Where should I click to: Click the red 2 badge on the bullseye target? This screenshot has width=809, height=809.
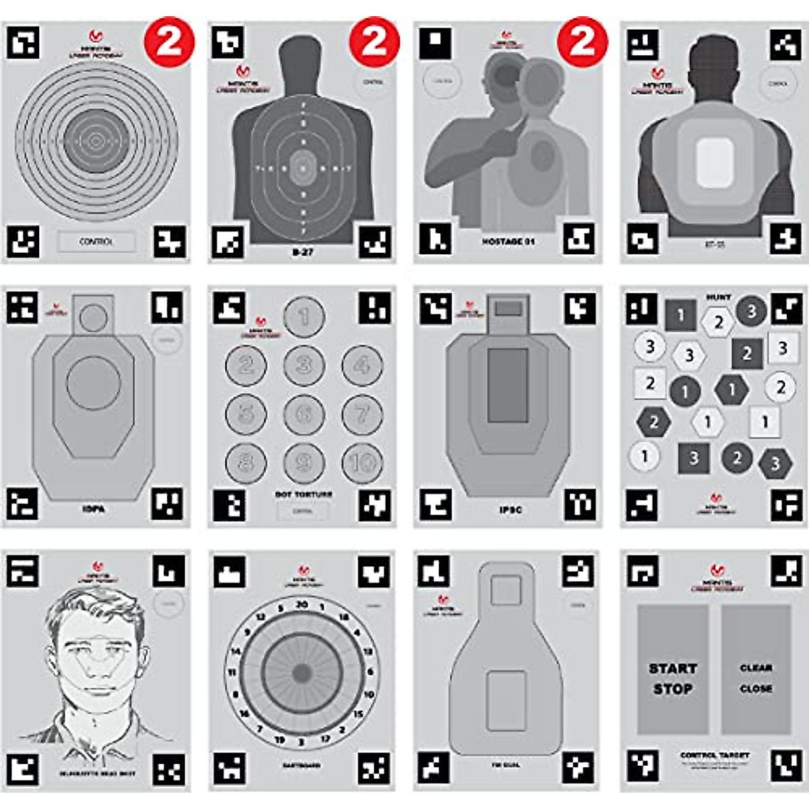point(169,42)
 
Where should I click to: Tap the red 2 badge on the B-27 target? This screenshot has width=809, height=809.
point(374,42)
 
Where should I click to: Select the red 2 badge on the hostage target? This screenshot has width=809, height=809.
point(582,42)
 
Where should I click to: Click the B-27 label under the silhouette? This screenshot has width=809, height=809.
point(303,252)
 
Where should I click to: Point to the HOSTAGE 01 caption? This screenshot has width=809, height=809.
point(508,241)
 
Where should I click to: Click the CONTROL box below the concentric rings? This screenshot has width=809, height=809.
point(96,241)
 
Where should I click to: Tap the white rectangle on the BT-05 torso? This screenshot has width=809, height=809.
point(715,163)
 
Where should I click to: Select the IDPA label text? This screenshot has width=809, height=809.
point(93,510)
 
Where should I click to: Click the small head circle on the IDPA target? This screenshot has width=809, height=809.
point(93,317)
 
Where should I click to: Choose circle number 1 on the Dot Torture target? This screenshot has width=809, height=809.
point(304,317)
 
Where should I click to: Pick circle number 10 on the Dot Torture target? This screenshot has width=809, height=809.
point(363,462)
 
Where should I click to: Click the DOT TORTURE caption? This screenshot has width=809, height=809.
point(303,494)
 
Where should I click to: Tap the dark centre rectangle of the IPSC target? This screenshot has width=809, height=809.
point(507,386)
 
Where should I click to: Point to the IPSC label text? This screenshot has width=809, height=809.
point(510,510)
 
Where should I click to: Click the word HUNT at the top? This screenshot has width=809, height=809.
point(718,297)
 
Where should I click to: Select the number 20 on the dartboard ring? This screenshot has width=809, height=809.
point(302,605)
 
